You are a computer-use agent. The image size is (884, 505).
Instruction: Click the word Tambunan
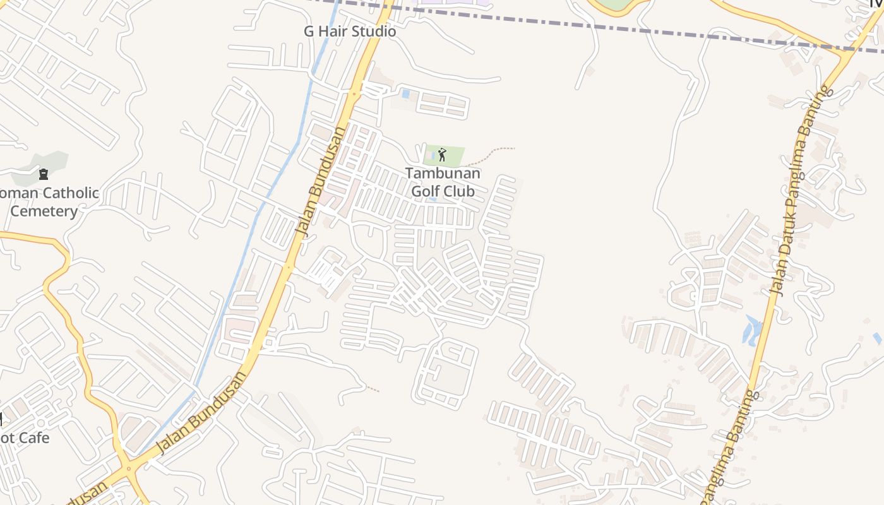tap(442, 173)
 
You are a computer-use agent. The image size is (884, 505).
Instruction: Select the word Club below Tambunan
tap(459, 191)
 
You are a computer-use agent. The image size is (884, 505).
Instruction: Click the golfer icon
tap(442, 155)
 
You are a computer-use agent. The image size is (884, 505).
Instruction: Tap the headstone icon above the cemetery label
tap(44, 174)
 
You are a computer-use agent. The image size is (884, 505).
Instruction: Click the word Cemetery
tap(44, 211)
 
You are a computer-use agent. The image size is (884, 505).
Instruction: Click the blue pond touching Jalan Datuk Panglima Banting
tap(753, 330)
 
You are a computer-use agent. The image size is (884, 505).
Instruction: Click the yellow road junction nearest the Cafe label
tap(129, 468)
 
